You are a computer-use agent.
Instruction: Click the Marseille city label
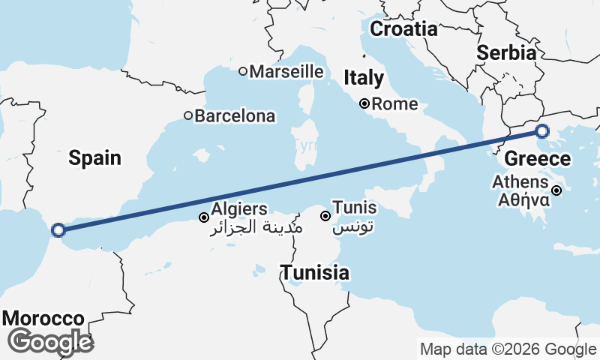[286, 72]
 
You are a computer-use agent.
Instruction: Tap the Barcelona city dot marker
[188, 116]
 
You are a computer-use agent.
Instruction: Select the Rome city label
[394, 104]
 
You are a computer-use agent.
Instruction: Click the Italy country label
[364, 78]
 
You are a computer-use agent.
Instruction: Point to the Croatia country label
[403, 29]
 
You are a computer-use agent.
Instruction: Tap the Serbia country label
[507, 53]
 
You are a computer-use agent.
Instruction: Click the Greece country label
[537, 159]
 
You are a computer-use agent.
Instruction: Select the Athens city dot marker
[556, 190]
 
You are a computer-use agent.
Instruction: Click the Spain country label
[94, 157]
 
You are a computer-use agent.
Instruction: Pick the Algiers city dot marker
[203, 217]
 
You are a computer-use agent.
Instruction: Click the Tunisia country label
[315, 273]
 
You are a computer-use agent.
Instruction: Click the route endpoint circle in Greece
[542, 132]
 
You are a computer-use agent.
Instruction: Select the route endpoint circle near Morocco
[58, 230]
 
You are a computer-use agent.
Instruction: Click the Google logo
[50, 341]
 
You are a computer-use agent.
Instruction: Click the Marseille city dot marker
[243, 72]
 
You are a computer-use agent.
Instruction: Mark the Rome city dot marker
[364, 104]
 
